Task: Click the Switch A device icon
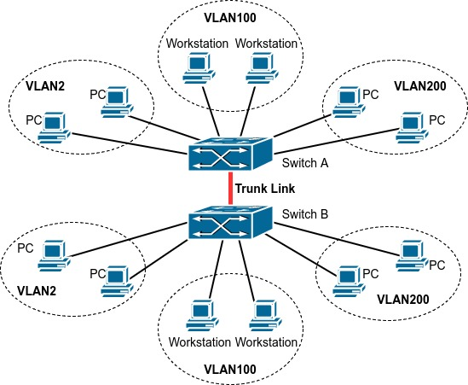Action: pos(230,154)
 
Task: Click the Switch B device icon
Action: pos(230,223)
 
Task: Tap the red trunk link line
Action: pos(230,189)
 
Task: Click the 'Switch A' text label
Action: pos(305,163)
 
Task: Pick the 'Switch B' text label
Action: pos(305,214)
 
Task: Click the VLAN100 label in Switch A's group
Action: pos(230,18)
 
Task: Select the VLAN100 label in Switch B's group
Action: pos(230,369)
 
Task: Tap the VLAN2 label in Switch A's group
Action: pos(45,86)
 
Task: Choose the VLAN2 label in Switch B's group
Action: pos(37,290)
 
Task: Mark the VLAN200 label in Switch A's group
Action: pos(420,86)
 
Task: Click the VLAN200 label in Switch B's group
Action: pos(403,300)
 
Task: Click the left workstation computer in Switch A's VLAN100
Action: pos(199,68)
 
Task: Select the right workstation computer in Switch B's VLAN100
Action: pos(265,315)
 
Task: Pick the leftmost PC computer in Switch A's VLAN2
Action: pos(54,128)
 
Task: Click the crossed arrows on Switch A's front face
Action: pos(220,158)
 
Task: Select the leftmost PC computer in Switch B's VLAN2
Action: pos(54,255)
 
